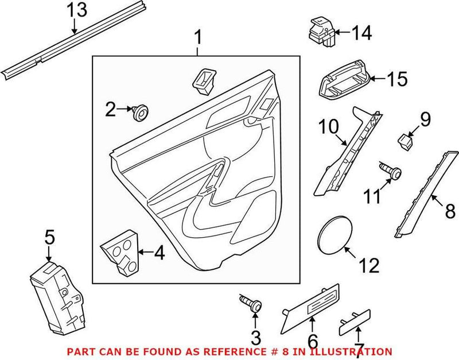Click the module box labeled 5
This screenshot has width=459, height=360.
tap(57, 296)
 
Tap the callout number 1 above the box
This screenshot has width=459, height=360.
tap(198, 38)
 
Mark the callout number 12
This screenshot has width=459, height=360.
tap(369, 265)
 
